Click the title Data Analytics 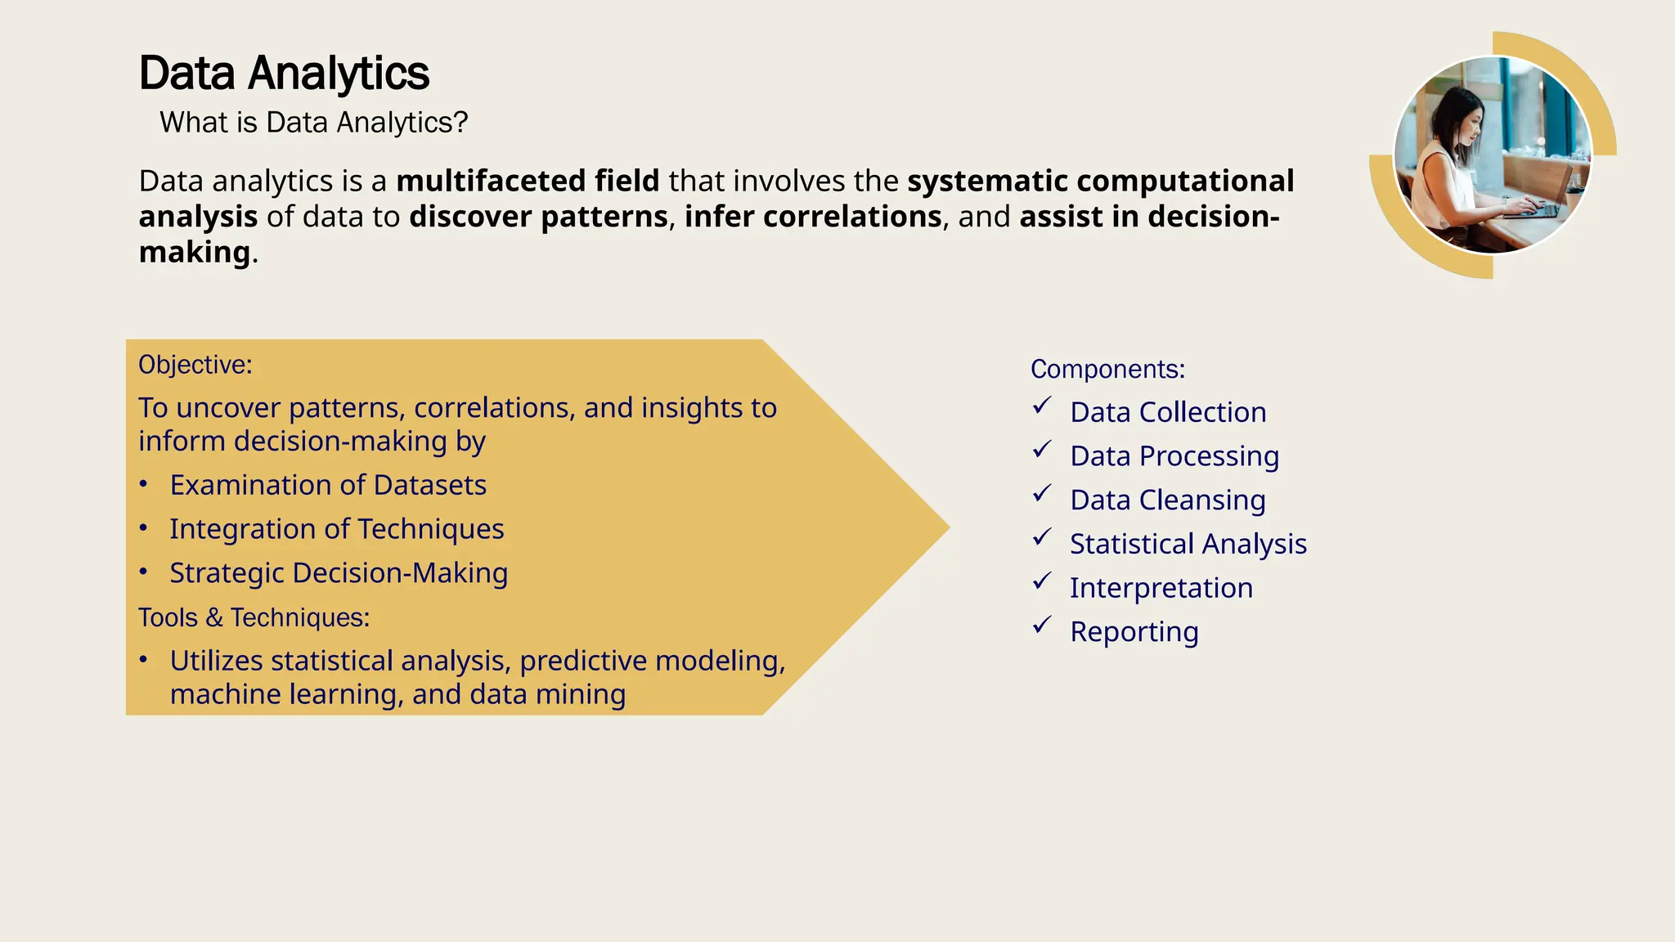coord(284,74)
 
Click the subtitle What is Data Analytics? coord(313,123)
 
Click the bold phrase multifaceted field coord(528,181)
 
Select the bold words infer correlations coord(813,217)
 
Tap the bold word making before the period coord(194,252)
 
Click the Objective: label coord(195,365)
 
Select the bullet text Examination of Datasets coord(328,485)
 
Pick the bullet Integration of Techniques coord(336,529)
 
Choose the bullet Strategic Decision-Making coord(339,573)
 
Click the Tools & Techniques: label coord(254,617)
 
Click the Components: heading coord(1107,370)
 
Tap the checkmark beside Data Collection coord(1041,406)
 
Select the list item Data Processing coord(1174,456)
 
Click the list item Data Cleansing coord(1167,500)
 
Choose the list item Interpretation coord(1161,588)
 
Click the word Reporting coord(1134,632)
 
